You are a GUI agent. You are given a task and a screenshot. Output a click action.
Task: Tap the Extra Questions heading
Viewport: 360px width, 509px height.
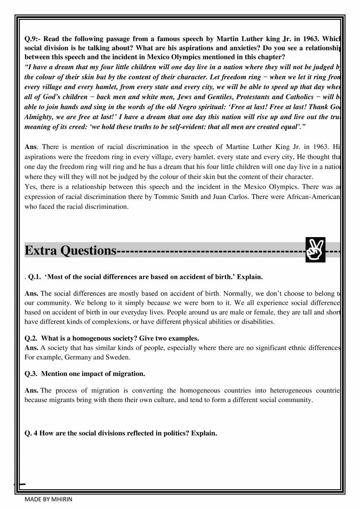[x=70, y=251]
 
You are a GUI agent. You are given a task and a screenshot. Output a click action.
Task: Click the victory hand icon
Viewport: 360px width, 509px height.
[x=315, y=251]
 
